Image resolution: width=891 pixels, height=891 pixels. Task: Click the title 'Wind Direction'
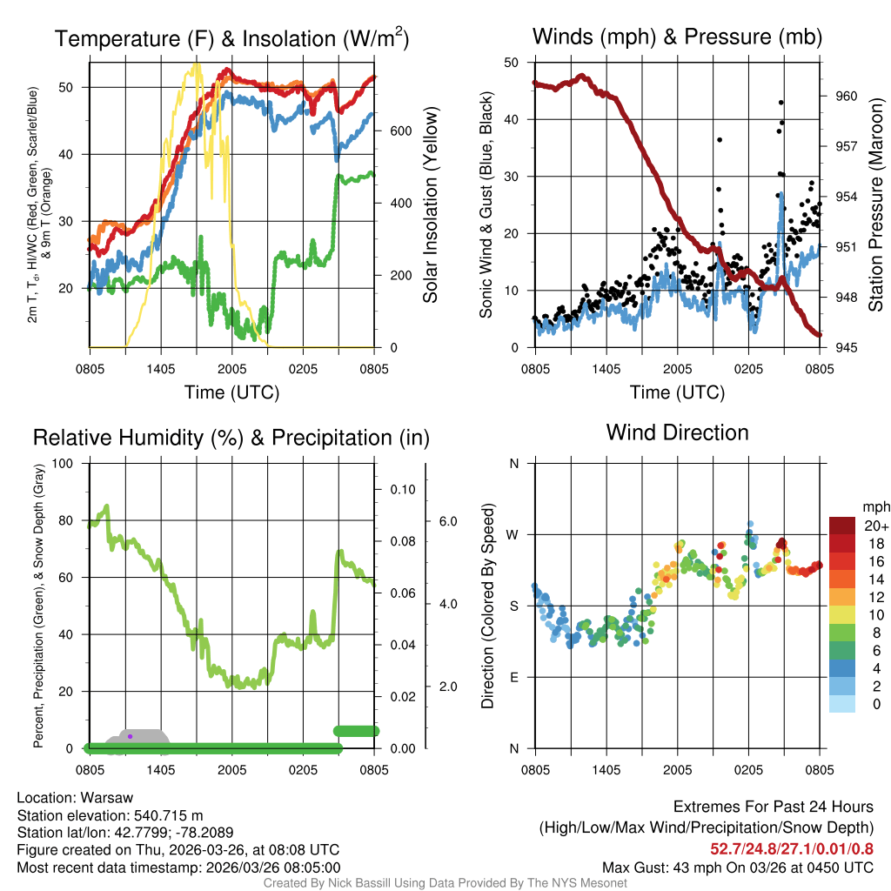(677, 432)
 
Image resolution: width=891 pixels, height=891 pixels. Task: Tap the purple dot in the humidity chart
(130, 736)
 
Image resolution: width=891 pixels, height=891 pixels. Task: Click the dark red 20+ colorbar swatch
(843, 526)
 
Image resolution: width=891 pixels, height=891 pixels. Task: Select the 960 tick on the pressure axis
(847, 96)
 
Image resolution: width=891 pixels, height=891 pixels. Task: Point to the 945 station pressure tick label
(847, 347)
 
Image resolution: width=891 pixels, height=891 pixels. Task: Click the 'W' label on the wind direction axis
(513, 534)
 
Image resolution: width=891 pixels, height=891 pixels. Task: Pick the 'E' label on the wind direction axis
(514, 677)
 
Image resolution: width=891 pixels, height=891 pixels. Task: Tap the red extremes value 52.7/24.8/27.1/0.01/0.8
(792, 849)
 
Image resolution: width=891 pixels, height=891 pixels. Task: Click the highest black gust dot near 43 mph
(781, 103)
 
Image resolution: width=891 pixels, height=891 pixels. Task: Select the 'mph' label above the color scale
(874, 506)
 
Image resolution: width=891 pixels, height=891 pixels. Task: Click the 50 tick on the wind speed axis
(512, 63)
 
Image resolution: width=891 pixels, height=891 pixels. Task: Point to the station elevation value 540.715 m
(166, 815)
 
